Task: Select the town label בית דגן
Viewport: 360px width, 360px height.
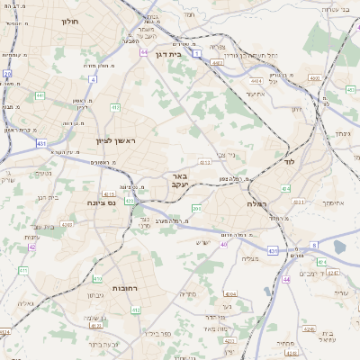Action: [169, 54]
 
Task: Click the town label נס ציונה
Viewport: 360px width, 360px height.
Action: [100, 202]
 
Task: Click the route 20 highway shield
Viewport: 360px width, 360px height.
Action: [7, 73]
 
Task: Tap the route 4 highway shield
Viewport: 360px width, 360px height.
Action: [94, 79]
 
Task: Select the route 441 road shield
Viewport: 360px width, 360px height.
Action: [40, 94]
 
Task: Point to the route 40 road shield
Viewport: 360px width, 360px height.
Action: [224, 244]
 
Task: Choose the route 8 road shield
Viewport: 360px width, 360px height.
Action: [314, 244]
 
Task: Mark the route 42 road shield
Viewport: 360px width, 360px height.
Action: [32, 247]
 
